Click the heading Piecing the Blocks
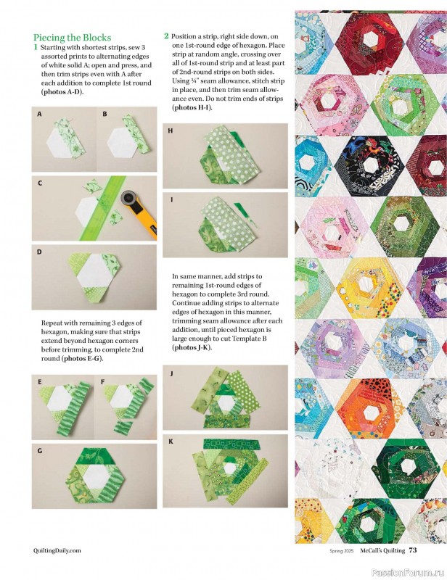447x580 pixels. pos(73,38)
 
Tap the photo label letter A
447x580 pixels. pos(39,115)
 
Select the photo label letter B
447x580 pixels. pos(104,115)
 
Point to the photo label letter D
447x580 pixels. pos(39,252)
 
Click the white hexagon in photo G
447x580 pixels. pos(96,476)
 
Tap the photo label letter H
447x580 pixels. pos(171,130)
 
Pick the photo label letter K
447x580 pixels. pos(171,442)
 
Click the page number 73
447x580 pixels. pos(413,550)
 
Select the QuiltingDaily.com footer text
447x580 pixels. pos(57,550)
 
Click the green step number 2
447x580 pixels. pos(166,36)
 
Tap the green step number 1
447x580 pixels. pos(36,47)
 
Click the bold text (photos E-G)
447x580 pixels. pos(82,358)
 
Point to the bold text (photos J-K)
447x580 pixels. pos(192,347)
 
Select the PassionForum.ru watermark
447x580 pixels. pos(409,573)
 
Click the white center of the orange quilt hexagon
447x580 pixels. pos(370,413)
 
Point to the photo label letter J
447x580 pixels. pos(171,373)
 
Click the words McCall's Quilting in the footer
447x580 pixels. pos(382,550)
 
